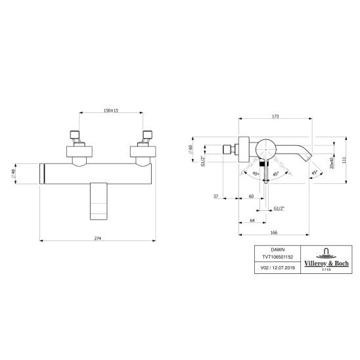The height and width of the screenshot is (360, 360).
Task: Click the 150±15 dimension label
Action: click(111, 110)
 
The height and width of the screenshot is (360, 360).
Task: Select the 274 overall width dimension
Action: click(98, 238)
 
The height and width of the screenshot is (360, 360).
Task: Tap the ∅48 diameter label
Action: click(13, 173)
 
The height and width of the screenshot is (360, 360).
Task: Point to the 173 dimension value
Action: click(275, 116)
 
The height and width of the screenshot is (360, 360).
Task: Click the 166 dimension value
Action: click(274, 233)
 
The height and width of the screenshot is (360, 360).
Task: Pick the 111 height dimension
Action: click(344, 160)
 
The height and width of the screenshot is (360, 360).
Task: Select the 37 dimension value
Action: click(216, 196)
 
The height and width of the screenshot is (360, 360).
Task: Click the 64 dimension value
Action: click(252, 221)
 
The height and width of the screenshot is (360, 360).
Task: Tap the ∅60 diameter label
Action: click(191, 150)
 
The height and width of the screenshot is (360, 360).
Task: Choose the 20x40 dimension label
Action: click(331, 163)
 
